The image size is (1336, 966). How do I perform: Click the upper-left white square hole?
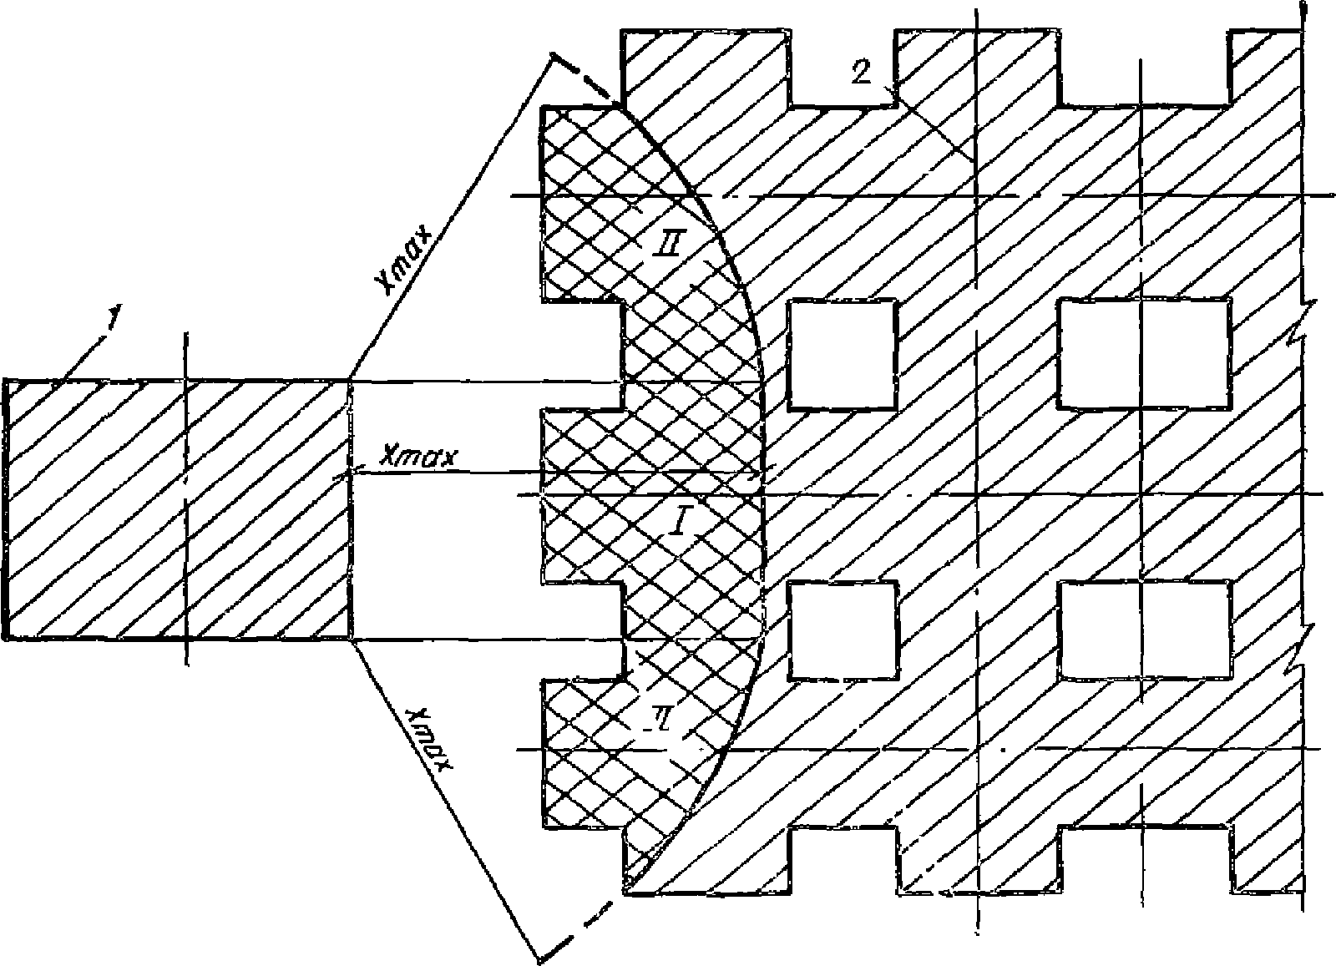point(843,355)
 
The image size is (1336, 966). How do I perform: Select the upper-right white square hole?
point(1144,355)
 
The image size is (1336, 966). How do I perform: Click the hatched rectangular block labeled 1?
point(175,509)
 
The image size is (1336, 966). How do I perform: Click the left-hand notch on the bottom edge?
point(843,860)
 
